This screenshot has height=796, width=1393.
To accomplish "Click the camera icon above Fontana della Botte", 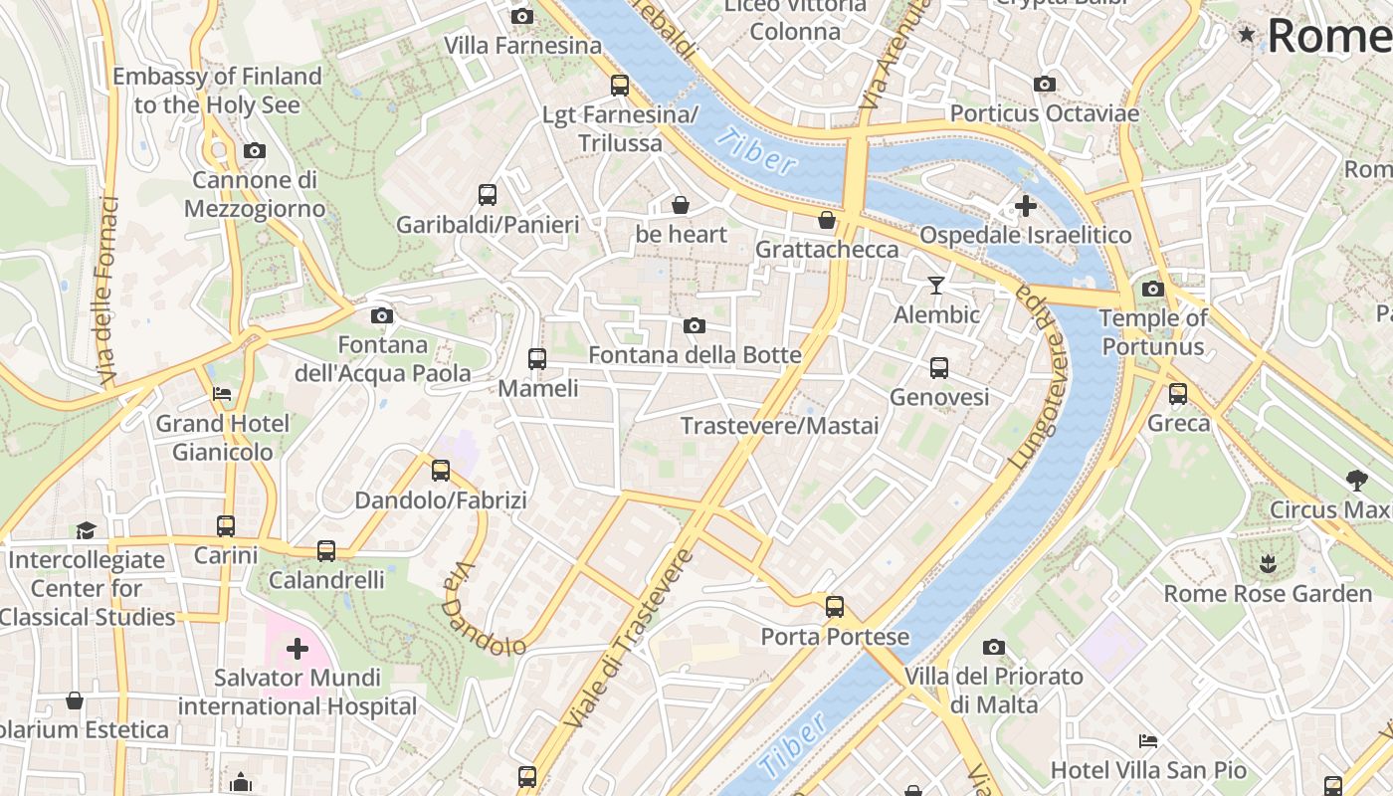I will [x=695, y=325].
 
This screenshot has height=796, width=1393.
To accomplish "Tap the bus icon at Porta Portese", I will [x=834, y=606].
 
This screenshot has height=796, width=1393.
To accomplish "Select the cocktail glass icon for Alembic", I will [x=935, y=286].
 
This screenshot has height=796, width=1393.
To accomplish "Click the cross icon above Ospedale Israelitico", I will [x=1025, y=206].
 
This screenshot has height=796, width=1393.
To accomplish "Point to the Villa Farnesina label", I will [x=522, y=46].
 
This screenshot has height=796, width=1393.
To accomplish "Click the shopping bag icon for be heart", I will [x=681, y=205].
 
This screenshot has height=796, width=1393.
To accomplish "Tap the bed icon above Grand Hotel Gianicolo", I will [x=222, y=394].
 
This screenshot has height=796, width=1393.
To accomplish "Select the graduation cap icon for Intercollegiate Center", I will [x=87, y=530].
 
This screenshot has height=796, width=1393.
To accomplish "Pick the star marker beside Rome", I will [x=1247, y=36].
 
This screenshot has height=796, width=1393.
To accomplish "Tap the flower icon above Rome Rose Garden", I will [x=1267, y=564].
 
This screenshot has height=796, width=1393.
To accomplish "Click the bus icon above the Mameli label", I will [x=536, y=358].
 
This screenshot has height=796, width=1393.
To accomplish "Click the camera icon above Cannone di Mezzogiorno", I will [x=255, y=151].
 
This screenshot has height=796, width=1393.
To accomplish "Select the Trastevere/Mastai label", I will [x=779, y=426].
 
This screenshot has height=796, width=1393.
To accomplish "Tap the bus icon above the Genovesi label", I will [x=938, y=368].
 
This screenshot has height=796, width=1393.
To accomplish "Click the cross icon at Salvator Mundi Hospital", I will [x=297, y=650].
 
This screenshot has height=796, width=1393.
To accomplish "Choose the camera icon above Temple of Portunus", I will [x=1153, y=289].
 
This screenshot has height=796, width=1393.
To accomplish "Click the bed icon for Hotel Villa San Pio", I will [x=1147, y=741].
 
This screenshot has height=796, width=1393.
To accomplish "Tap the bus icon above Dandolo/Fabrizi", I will [x=440, y=471].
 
